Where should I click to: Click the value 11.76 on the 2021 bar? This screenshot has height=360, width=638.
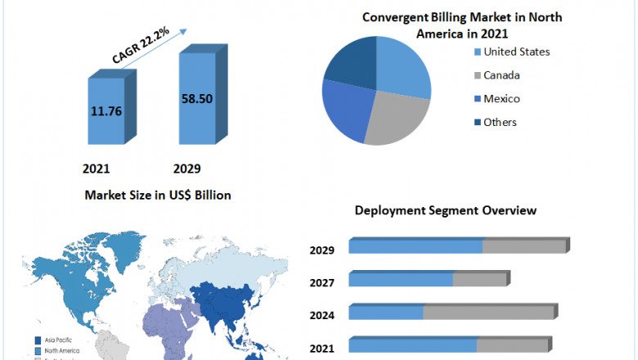[106, 111]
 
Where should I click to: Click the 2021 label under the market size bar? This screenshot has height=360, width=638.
[96, 169]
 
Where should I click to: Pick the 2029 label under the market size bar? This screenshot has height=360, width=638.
[186, 169]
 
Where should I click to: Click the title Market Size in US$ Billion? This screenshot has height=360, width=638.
[157, 195]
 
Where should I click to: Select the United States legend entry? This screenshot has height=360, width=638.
[516, 52]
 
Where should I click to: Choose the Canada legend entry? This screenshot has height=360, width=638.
[501, 75]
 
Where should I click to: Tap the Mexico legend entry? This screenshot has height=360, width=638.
[501, 99]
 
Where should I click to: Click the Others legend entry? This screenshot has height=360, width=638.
[500, 123]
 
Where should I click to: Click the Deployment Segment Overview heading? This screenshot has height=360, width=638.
[445, 210]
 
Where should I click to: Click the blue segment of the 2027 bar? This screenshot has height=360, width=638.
[401, 280]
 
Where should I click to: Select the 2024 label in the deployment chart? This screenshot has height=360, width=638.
[321, 315]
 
